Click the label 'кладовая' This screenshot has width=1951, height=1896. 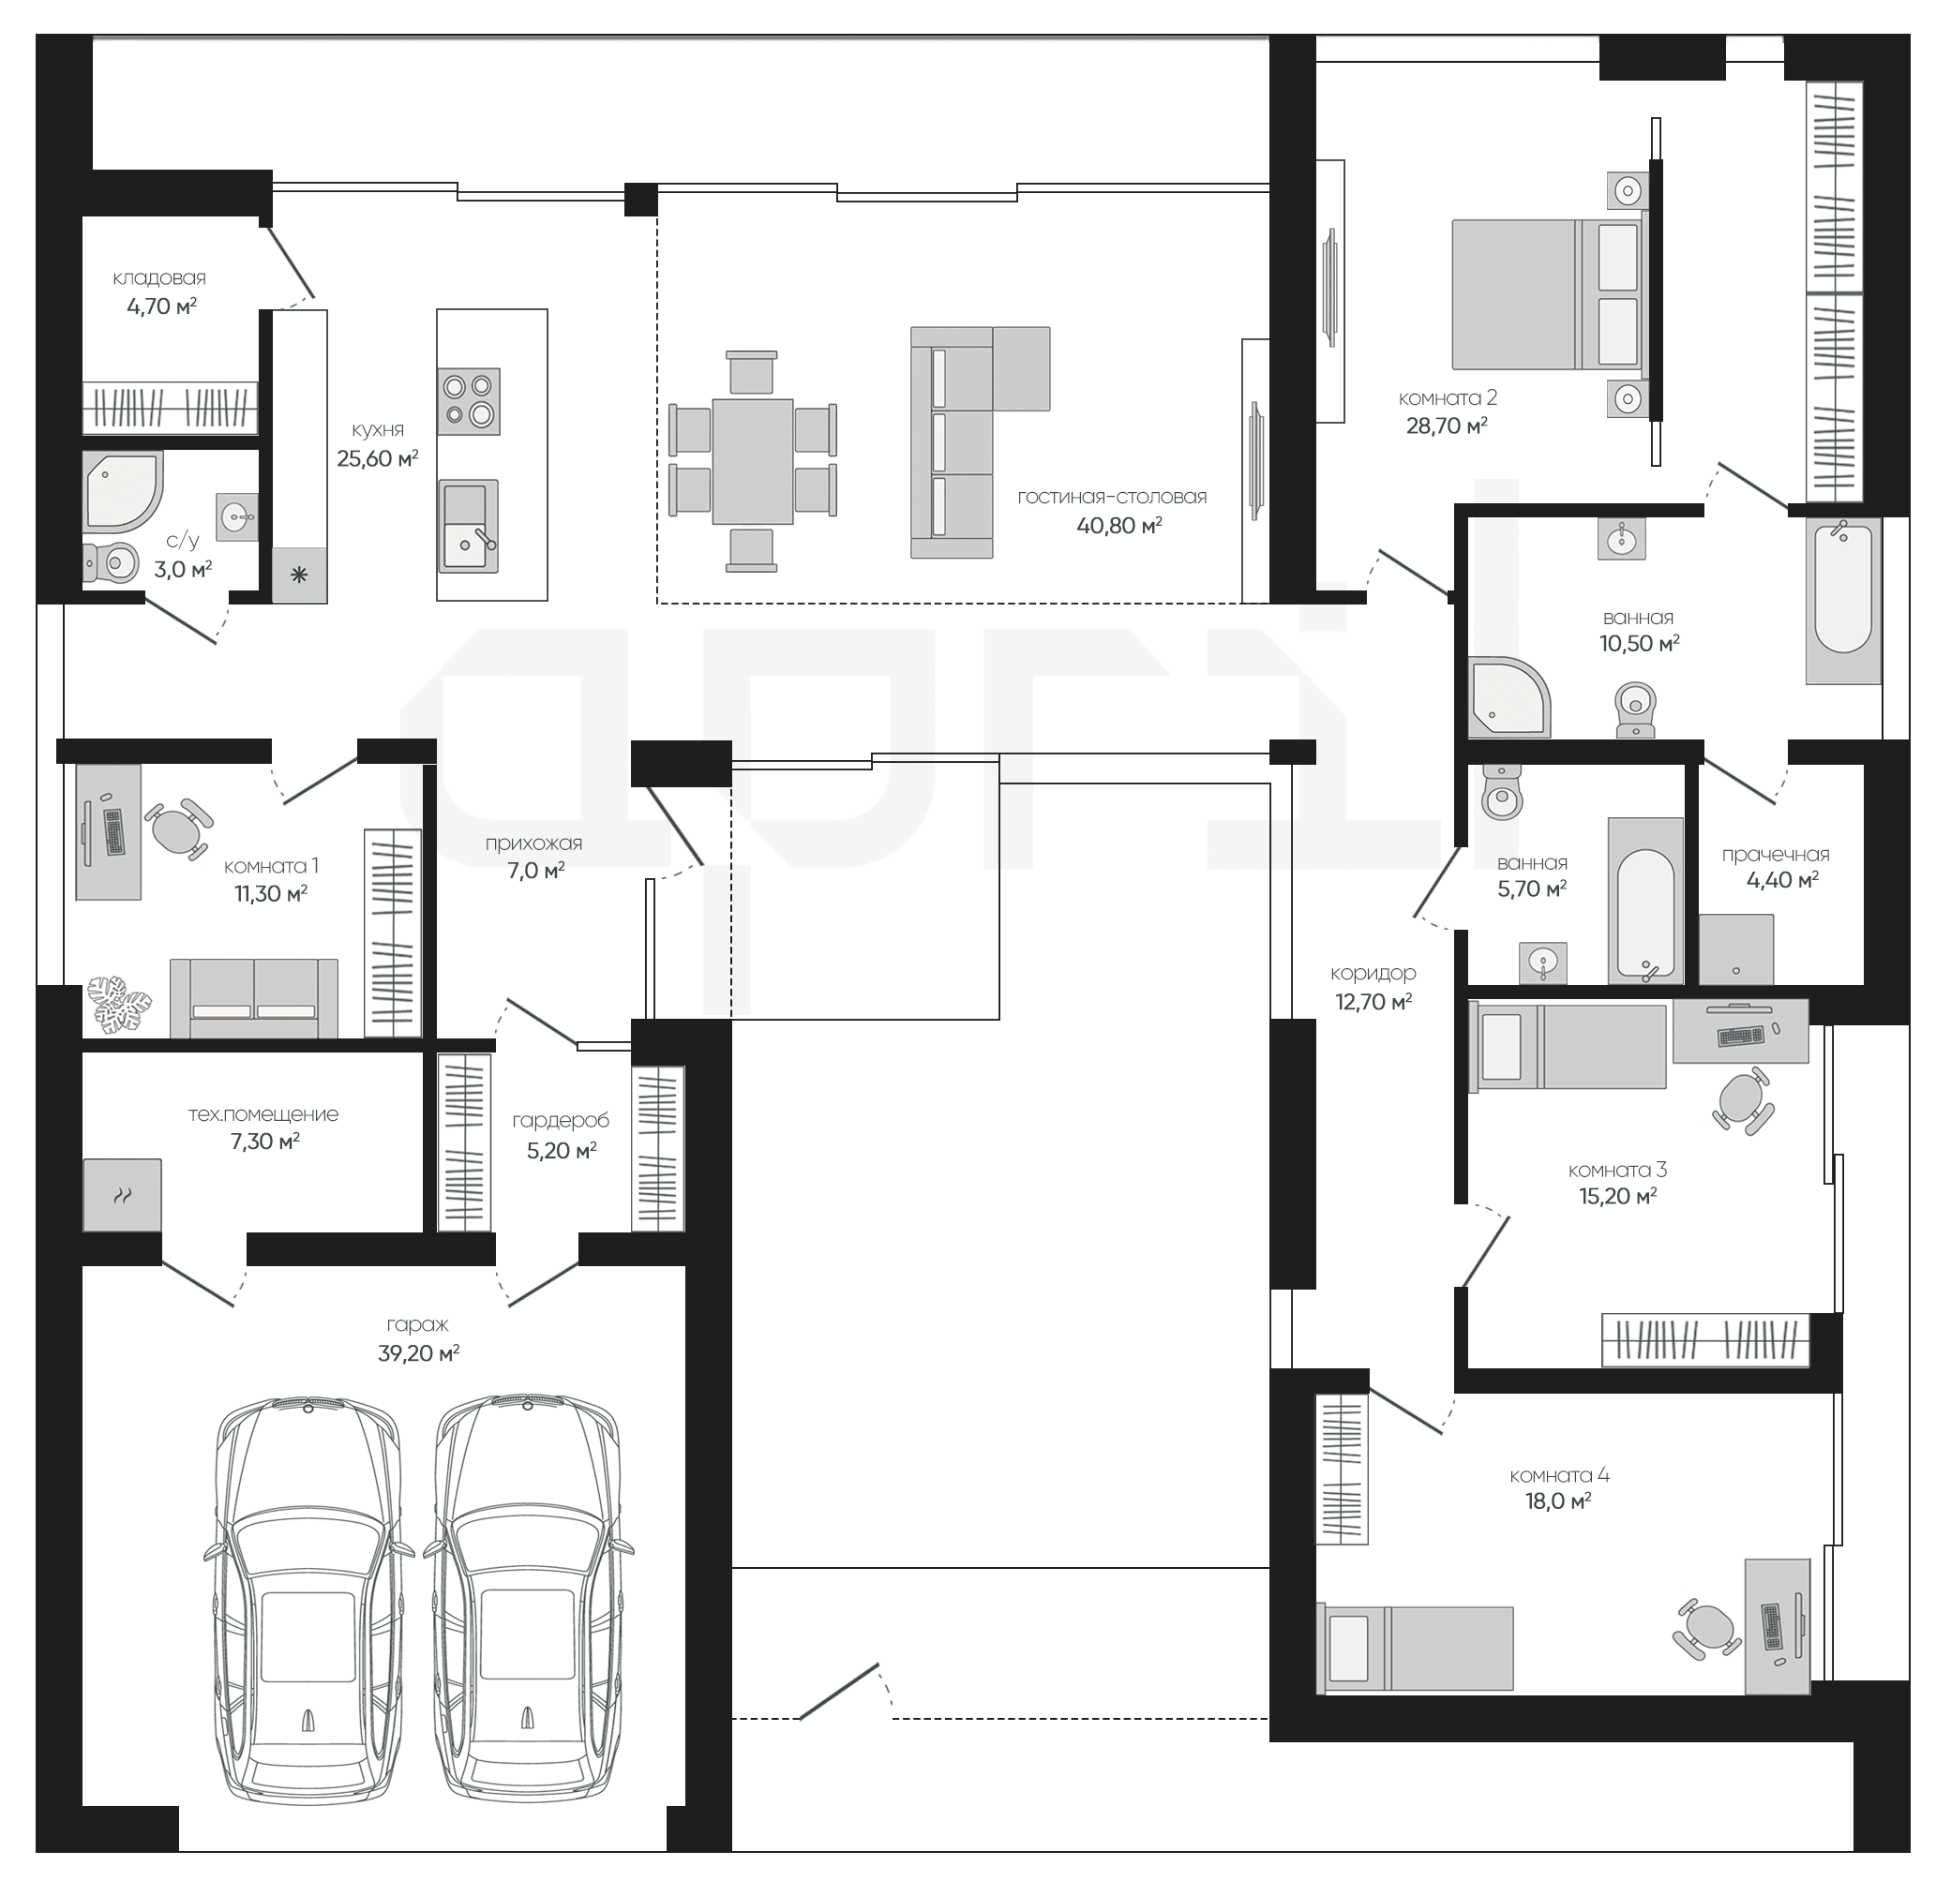(x=159, y=277)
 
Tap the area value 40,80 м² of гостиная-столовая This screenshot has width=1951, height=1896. (x=1119, y=525)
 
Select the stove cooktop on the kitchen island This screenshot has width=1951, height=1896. (x=468, y=401)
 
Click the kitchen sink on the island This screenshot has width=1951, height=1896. (x=468, y=526)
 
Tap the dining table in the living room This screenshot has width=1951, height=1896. (x=753, y=461)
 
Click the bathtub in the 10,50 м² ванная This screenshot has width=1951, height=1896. (x=1842, y=601)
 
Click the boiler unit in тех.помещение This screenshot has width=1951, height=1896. (x=122, y=1195)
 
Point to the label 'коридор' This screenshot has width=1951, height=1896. (x=1373, y=973)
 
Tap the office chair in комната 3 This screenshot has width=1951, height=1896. (x=1743, y=1101)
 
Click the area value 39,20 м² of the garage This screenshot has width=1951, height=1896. (x=418, y=1352)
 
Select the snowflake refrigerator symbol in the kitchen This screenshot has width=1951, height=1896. (x=299, y=575)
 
